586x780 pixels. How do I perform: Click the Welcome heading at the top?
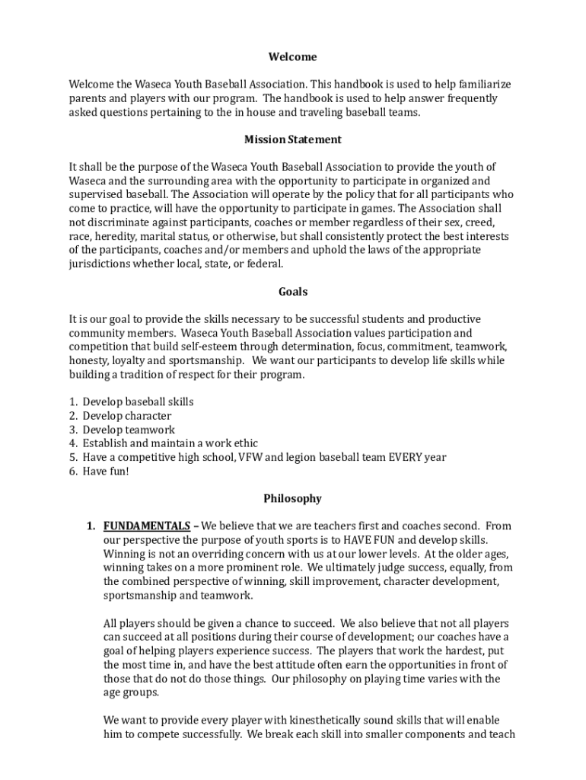point(292,57)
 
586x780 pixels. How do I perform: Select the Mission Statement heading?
point(292,139)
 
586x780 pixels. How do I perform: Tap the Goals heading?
point(292,292)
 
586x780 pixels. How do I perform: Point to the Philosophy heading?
point(292,499)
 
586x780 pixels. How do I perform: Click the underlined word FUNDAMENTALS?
point(147,526)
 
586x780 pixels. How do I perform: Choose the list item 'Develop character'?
point(126,416)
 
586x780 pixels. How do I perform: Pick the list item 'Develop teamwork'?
point(129,430)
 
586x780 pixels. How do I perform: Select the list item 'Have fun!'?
point(106,471)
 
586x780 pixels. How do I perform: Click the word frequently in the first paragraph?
point(469,98)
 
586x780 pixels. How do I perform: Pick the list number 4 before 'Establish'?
point(73,443)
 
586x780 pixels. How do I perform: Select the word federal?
point(264,264)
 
